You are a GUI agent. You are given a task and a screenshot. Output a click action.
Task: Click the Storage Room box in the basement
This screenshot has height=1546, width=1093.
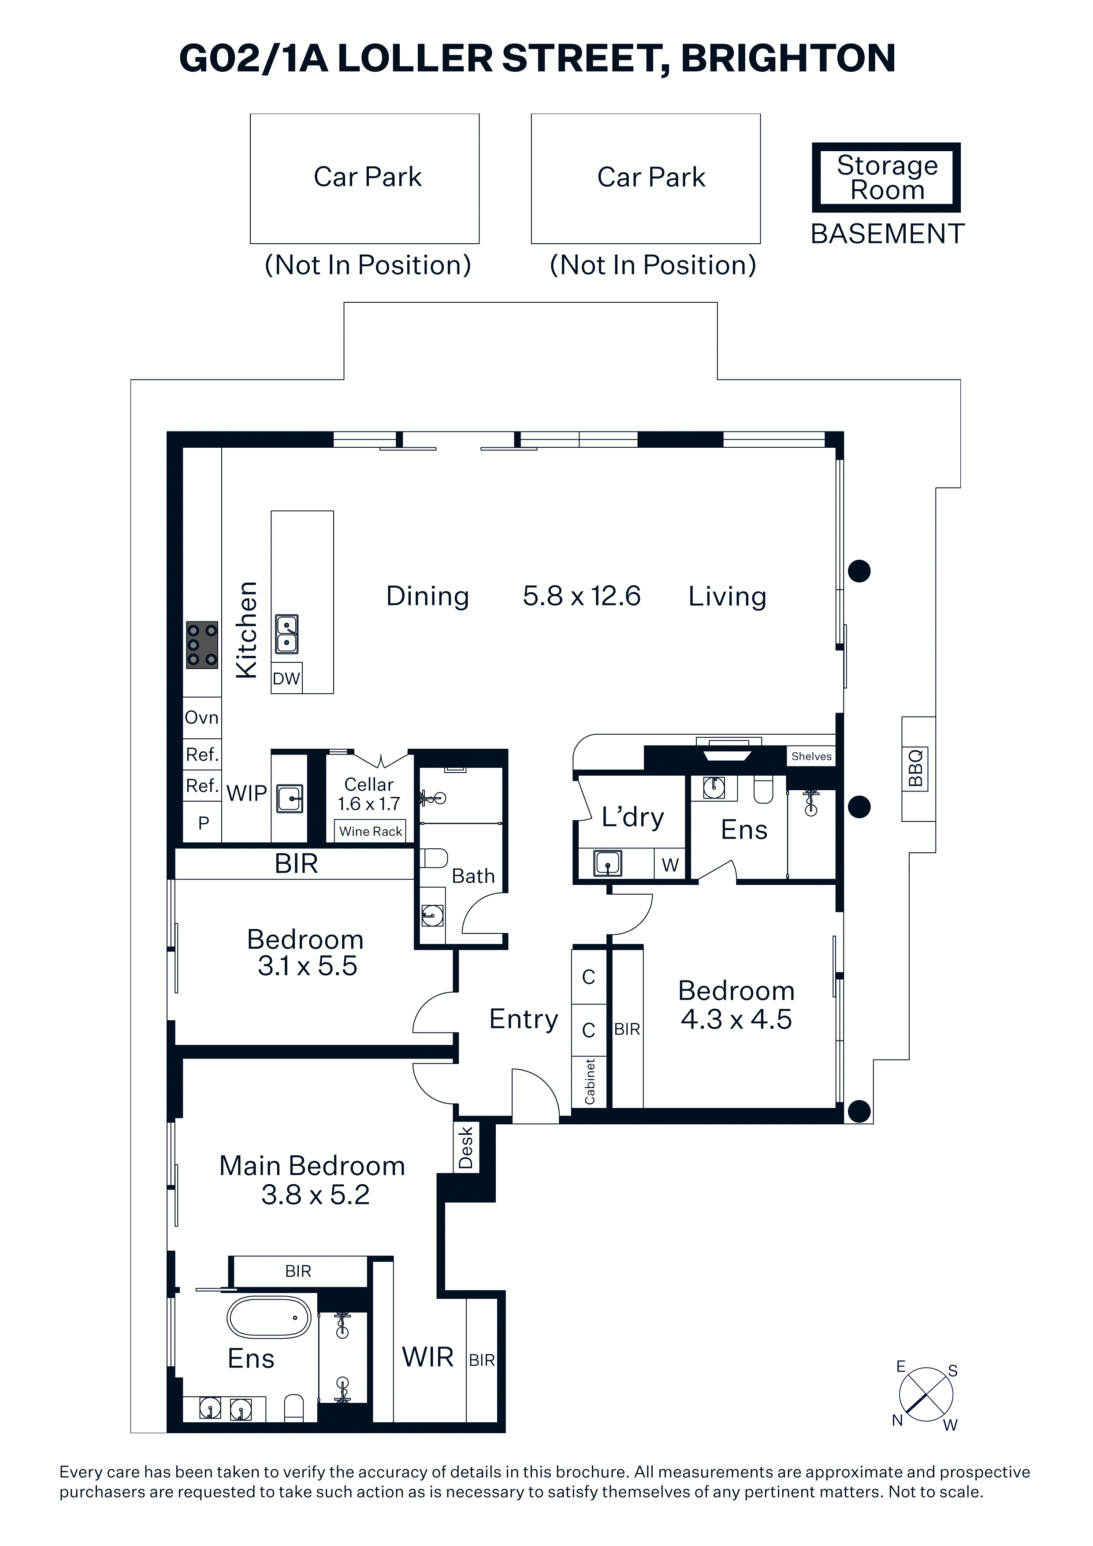[886, 178]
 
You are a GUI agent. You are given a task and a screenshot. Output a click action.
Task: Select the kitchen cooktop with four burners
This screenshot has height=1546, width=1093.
[202, 644]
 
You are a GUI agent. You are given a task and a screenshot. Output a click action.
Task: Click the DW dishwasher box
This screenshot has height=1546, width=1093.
[286, 678]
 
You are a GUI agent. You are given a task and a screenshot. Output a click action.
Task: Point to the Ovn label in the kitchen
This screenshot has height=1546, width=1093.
[202, 718]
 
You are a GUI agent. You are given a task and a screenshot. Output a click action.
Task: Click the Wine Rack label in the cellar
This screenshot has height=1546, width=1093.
[370, 832]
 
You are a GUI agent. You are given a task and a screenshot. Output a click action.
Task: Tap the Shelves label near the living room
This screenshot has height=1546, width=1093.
[811, 756]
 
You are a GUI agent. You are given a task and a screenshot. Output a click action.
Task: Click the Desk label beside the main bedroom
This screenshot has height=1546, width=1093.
[466, 1148]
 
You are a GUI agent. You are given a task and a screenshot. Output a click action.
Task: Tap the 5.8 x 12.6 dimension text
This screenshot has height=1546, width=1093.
[582, 596]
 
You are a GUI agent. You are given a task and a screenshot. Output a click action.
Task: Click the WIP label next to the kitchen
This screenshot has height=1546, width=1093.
[246, 793]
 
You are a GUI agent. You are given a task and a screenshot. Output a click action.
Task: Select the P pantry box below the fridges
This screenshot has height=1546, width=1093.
[203, 822]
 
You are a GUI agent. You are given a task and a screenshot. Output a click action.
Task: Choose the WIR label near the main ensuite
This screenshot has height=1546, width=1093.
[428, 1357]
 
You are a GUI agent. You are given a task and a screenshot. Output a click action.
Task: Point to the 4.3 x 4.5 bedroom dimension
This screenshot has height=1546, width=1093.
[736, 1019]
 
